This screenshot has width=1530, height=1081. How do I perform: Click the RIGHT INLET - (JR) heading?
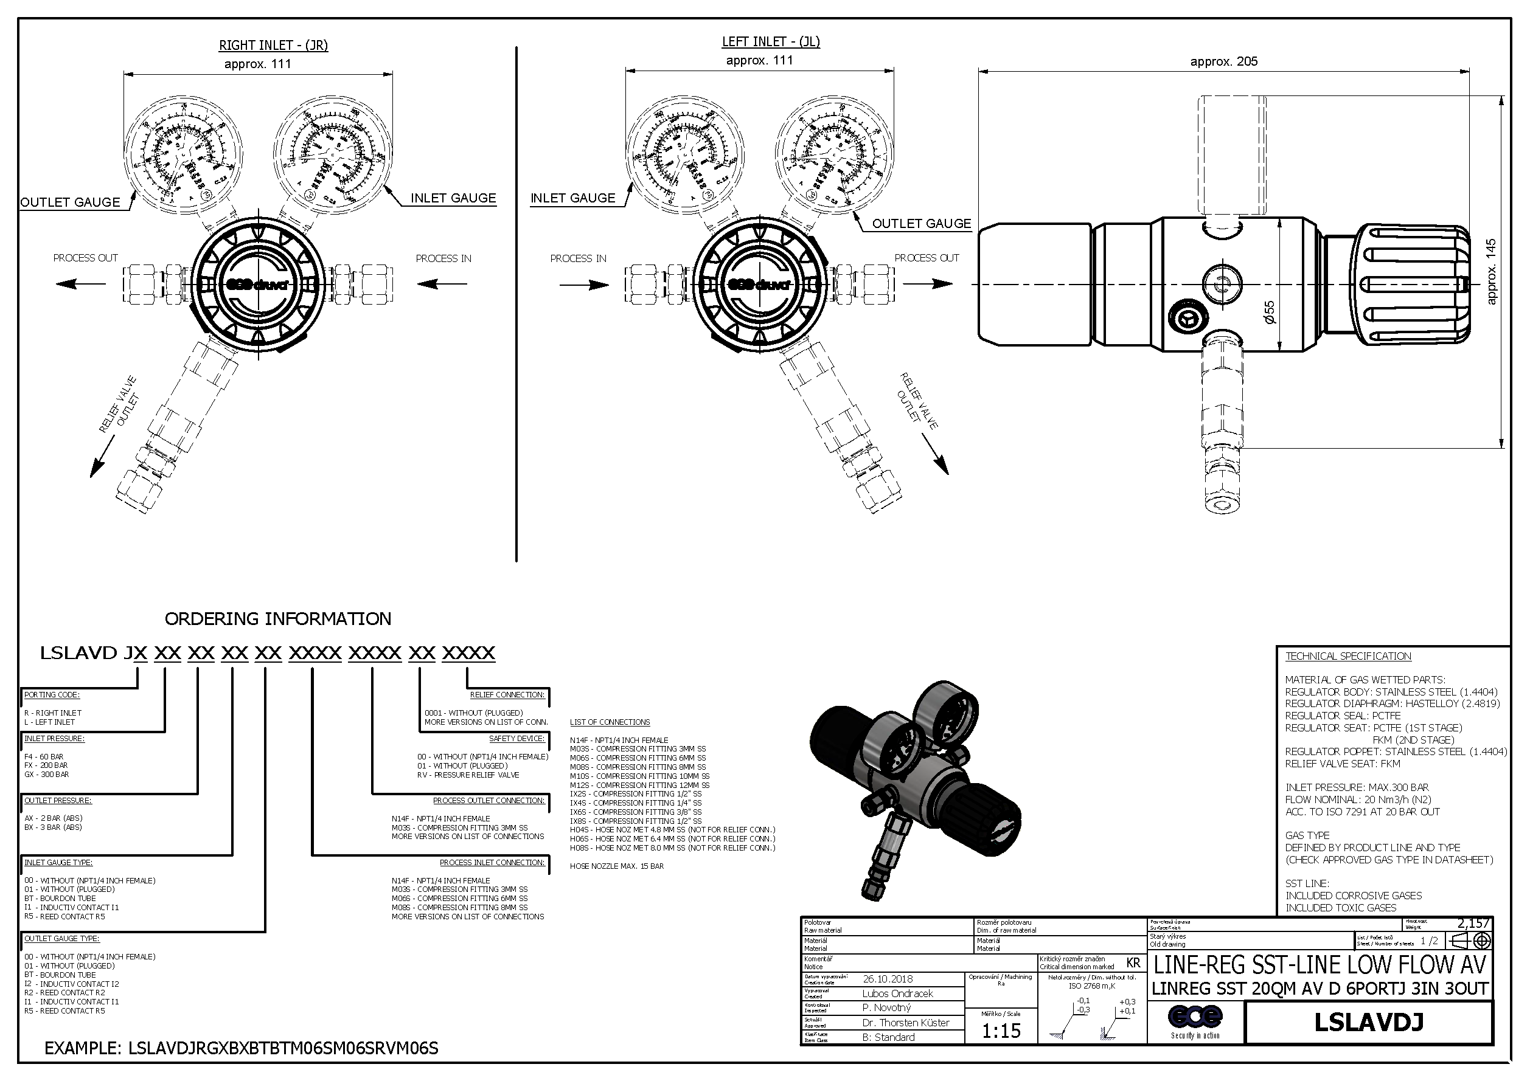[x=273, y=45]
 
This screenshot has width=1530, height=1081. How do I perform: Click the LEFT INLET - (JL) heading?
[x=771, y=42]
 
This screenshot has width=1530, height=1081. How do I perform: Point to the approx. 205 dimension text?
[x=1223, y=61]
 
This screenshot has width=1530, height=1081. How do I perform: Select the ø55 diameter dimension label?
[x=1270, y=312]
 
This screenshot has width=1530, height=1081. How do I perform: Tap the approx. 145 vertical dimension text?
[x=1491, y=272]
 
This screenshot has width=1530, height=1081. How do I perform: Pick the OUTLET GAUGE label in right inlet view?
[x=70, y=202]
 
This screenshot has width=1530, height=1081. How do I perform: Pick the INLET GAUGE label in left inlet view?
[x=572, y=198]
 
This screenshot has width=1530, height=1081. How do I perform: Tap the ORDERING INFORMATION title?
[x=278, y=619]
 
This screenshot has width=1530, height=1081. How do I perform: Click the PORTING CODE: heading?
[x=52, y=695]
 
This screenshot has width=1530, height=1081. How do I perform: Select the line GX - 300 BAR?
[x=47, y=775]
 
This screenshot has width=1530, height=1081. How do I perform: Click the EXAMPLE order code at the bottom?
[x=242, y=1048]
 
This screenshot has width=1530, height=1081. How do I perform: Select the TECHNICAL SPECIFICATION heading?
[x=1347, y=656]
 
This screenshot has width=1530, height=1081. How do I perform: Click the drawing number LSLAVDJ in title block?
[x=1368, y=1023]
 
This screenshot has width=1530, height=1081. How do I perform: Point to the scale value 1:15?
[x=1001, y=1031]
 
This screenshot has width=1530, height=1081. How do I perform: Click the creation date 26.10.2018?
[x=888, y=979]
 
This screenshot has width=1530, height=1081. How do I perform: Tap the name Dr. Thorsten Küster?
[x=905, y=1023]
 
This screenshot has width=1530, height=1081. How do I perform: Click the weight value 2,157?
[x=1473, y=923]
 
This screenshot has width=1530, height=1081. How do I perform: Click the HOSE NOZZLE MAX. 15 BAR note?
[x=616, y=866]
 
